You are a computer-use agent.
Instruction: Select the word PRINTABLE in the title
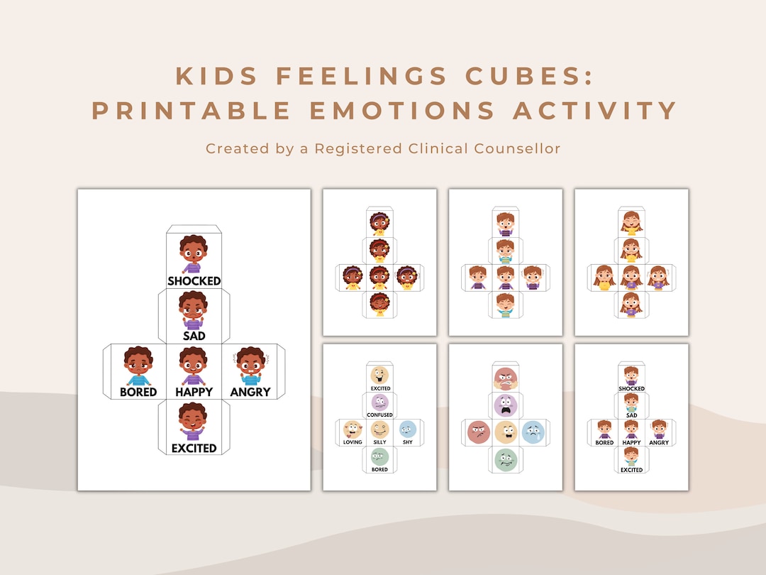click(192, 111)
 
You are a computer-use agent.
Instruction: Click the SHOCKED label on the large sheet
click(194, 281)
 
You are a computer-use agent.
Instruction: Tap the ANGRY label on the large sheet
click(250, 392)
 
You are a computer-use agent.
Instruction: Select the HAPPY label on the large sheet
click(194, 392)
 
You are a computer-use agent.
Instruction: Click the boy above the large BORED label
click(138, 366)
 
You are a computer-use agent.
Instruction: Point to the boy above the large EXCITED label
click(194, 422)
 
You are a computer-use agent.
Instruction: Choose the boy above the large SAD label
click(194, 311)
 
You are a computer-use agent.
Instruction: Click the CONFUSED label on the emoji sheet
click(379, 415)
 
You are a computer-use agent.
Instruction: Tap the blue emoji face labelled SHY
click(407, 429)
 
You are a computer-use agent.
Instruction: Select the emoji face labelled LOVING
click(353, 429)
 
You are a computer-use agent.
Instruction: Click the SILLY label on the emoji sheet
click(379, 442)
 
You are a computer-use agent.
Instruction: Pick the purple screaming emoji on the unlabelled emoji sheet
click(506, 405)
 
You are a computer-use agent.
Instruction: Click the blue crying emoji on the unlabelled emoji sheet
click(533, 432)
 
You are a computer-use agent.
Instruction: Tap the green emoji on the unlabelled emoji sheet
click(506, 459)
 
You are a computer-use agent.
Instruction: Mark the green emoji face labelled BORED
click(379, 456)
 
